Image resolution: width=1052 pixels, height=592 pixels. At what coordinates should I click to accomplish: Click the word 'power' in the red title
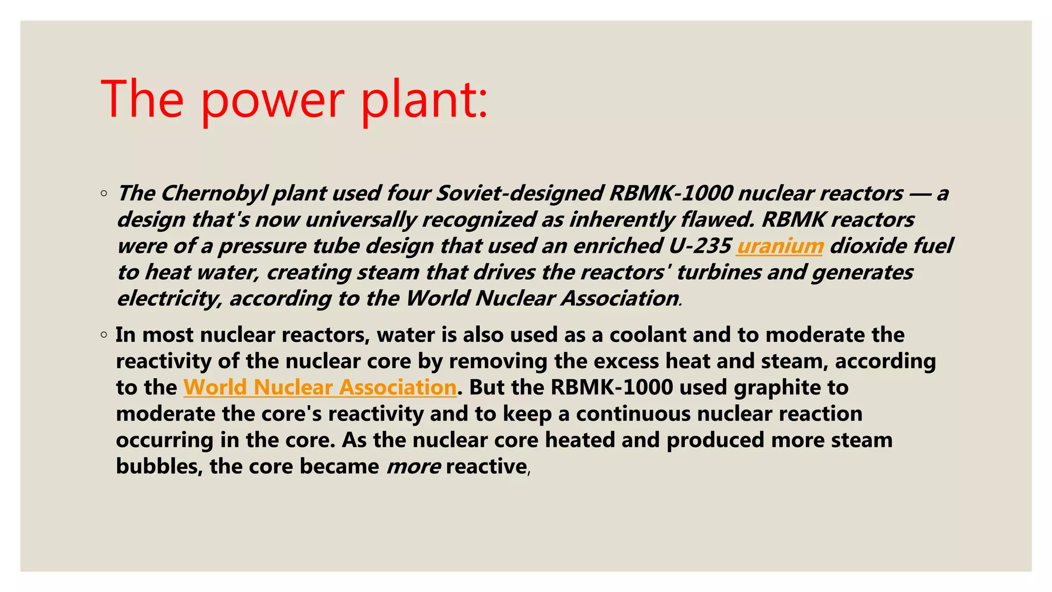tap(272, 100)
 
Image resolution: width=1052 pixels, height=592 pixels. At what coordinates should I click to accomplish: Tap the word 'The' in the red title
tap(142, 99)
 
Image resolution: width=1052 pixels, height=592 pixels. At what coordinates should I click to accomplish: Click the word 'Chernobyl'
tap(215, 194)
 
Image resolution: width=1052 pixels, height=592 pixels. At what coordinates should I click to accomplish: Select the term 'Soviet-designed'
tap(519, 194)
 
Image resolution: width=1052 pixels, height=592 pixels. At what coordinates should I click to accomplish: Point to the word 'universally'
tap(361, 220)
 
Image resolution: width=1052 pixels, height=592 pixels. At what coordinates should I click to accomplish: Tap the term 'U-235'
tap(700, 246)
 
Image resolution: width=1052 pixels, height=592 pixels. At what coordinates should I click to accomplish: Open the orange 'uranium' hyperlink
tap(780, 246)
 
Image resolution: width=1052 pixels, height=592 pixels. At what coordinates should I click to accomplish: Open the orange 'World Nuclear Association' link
tap(320, 387)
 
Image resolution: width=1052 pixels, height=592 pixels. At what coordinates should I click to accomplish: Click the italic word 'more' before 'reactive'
tap(413, 467)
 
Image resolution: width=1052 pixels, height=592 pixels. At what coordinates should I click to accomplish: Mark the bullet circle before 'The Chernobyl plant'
tap(104, 194)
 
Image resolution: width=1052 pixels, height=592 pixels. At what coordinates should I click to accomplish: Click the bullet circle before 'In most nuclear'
tap(104, 335)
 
